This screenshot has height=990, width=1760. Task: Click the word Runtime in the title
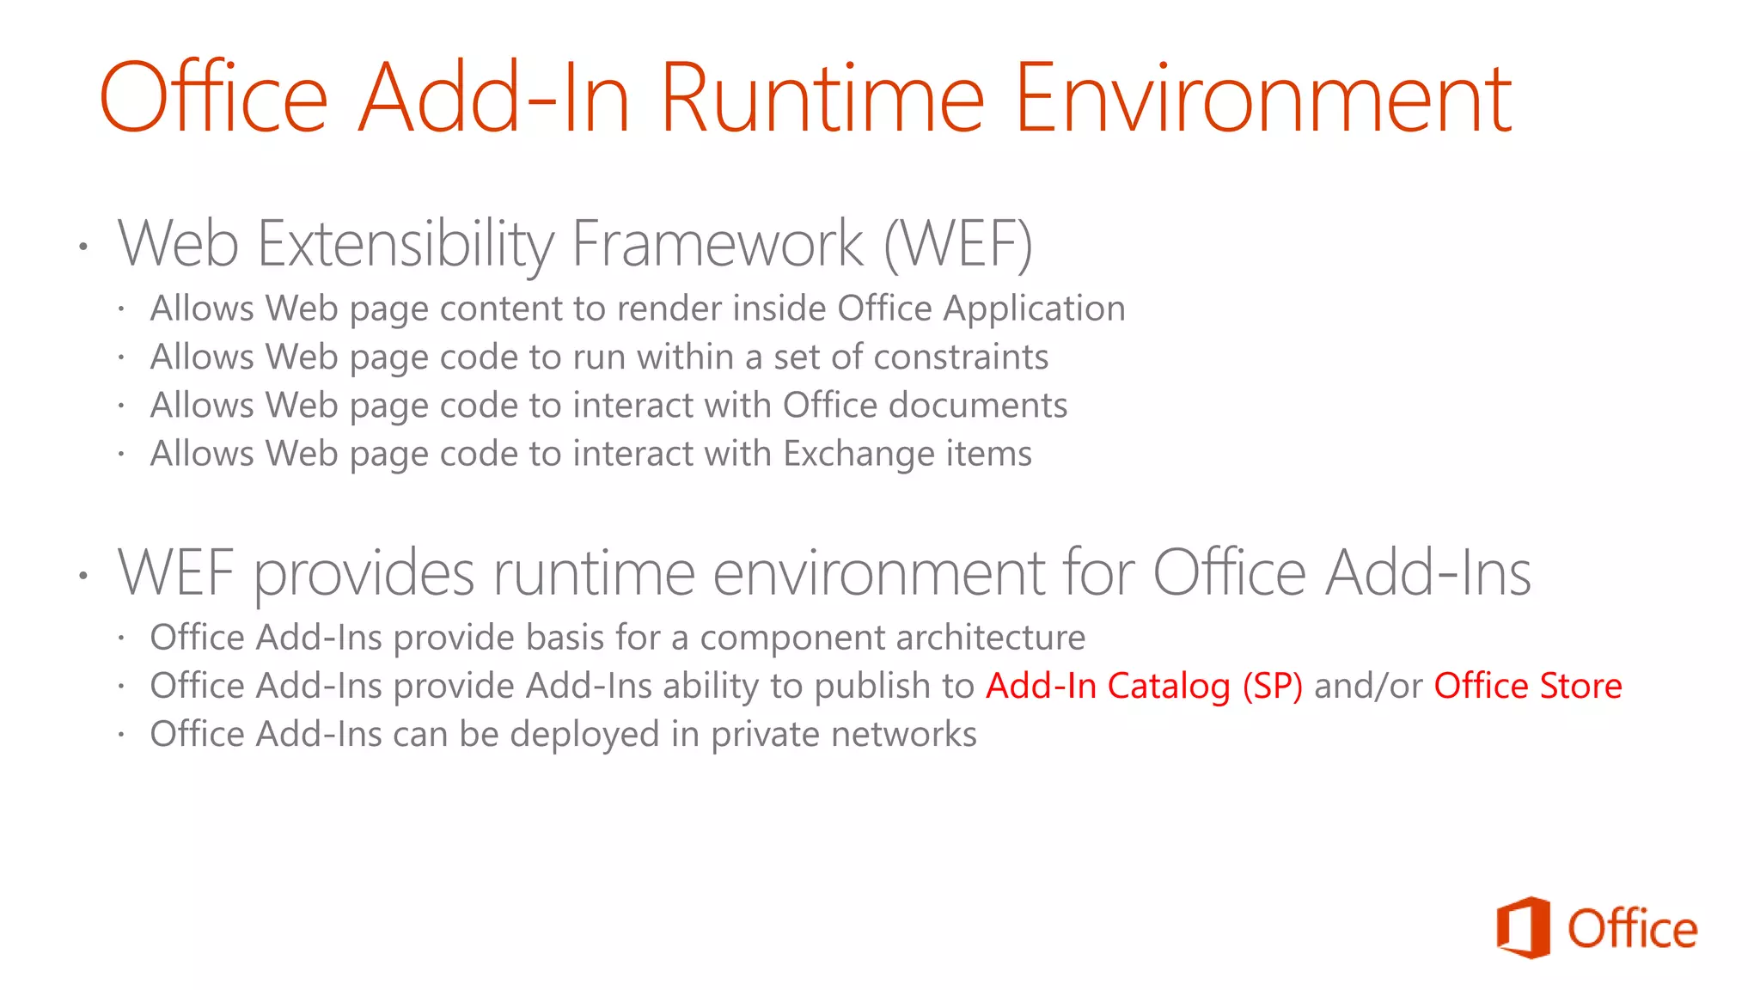(x=821, y=99)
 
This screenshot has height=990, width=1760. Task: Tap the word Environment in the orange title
(x=1263, y=99)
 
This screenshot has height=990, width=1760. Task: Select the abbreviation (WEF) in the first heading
(x=958, y=244)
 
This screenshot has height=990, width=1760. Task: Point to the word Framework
(x=717, y=244)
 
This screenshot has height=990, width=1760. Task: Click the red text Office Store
(x=1527, y=686)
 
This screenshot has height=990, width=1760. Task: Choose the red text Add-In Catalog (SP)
(x=1144, y=686)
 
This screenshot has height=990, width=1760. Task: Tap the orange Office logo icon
(x=1524, y=928)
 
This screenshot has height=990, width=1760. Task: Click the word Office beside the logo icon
(x=1632, y=929)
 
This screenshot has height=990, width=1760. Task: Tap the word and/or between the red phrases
(x=1368, y=686)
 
